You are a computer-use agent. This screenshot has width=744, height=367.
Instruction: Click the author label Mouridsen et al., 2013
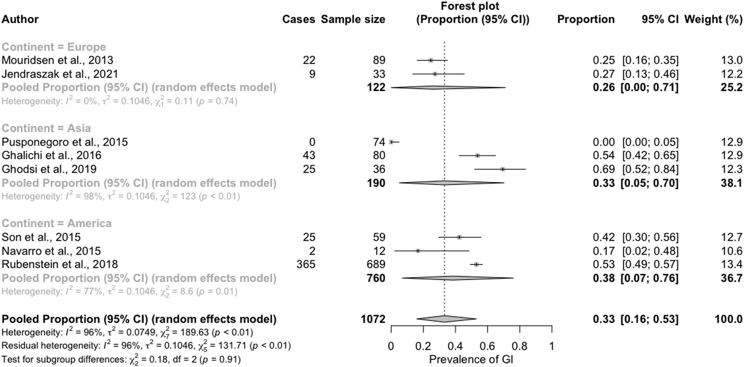tap(57, 60)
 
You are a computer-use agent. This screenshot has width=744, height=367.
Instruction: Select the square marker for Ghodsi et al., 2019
tap(503, 169)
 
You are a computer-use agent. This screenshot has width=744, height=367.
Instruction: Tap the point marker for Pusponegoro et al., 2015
tap(392, 142)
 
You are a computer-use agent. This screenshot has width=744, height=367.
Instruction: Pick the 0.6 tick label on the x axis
tap(487, 346)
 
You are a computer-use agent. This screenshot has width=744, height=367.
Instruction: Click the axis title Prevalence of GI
tap(471, 359)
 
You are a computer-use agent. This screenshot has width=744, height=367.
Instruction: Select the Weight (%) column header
tap(713, 19)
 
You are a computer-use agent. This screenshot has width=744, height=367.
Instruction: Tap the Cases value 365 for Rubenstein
tap(306, 264)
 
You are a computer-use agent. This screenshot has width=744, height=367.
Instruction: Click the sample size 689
tap(376, 264)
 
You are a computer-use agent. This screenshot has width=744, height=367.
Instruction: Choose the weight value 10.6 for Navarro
tap(732, 251)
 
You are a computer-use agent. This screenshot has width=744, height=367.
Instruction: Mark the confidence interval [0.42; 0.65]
tap(650, 155)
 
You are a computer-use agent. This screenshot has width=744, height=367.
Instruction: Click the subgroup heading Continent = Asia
tap(46, 128)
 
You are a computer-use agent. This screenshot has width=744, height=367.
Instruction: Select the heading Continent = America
tap(57, 223)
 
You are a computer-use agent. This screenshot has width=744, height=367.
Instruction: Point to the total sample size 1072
tap(373, 319)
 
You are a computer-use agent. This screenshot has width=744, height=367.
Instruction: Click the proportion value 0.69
tap(604, 169)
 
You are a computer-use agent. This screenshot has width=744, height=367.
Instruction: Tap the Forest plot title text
tap(470, 6)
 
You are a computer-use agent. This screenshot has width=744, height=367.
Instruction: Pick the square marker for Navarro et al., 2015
tap(418, 251)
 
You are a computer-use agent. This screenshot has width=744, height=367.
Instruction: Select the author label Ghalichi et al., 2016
tap(51, 155)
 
